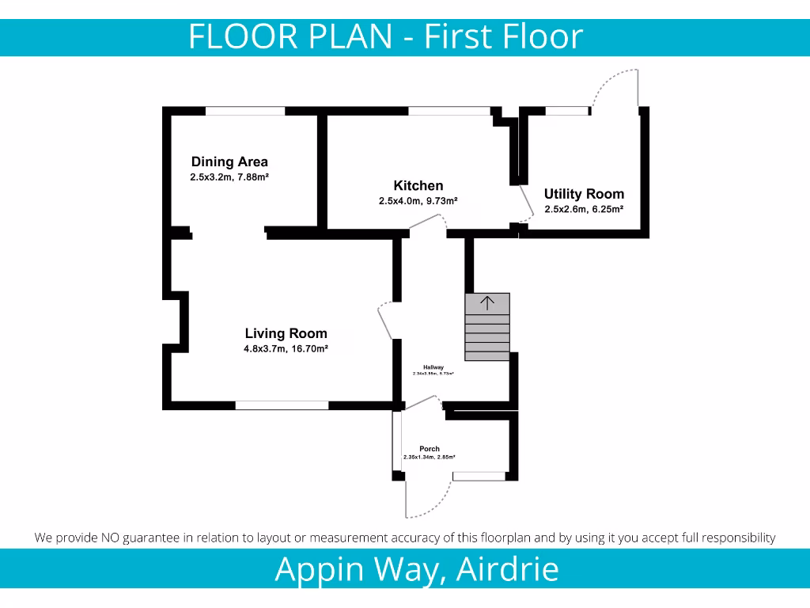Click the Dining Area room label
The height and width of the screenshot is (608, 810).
click(x=229, y=162)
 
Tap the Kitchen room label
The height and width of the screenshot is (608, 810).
click(x=418, y=186)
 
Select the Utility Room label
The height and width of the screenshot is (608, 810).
click(x=584, y=194)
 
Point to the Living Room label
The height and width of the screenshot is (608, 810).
click(x=286, y=333)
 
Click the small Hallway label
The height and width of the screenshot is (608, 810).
click(x=433, y=367)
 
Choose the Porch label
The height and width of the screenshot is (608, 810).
click(x=430, y=449)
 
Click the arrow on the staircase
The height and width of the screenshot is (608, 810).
click(x=487, y=302)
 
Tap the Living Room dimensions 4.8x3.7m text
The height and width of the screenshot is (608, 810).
click(x=264, y=348)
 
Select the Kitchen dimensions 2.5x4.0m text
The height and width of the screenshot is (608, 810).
click(x=399, y=201)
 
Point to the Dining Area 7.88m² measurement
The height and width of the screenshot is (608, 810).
click(x=251, y=177)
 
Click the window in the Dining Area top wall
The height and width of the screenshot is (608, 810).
click(x=245, y=112)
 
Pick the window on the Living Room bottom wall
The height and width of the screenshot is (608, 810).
click(x=282, y=405)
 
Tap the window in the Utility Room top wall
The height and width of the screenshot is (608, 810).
click(x=567, y=112)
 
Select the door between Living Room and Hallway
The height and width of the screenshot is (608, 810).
click(x=384, y=321)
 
